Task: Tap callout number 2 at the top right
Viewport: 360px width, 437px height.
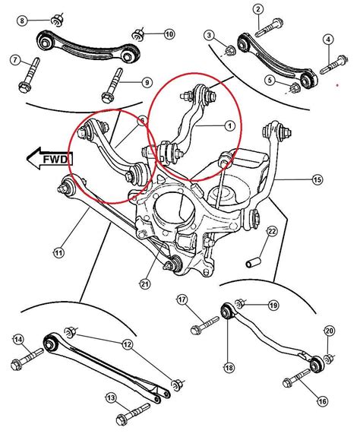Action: coord(258,10)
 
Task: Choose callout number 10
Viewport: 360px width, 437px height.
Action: coord(169,34)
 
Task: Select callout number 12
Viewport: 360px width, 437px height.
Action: coord(126,344)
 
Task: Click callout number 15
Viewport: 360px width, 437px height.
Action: coord(317,179)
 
